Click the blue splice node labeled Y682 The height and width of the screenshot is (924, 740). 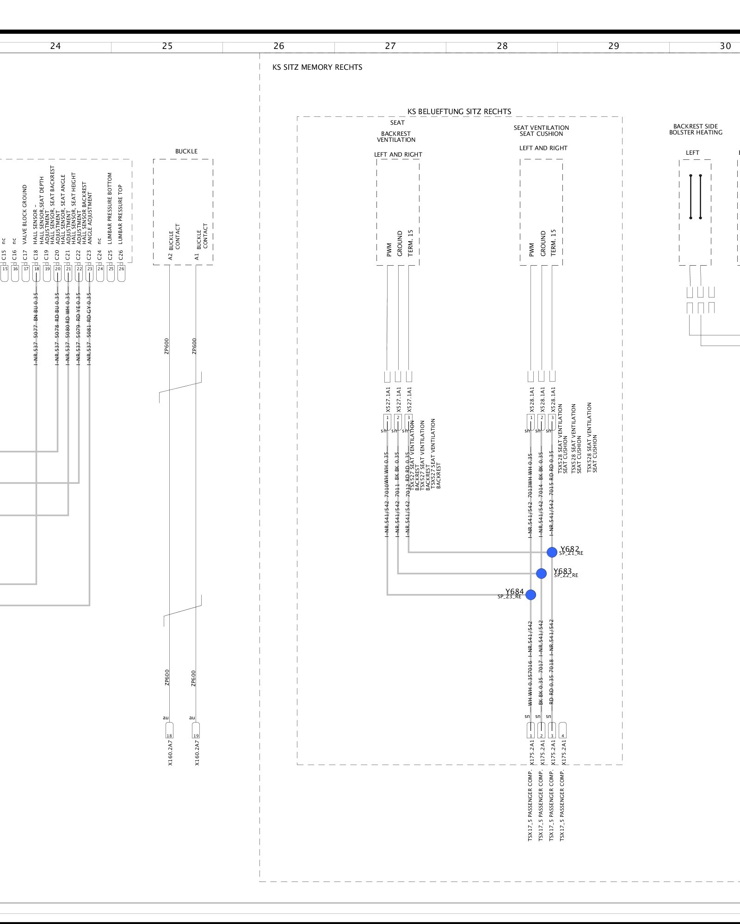pos(552,552)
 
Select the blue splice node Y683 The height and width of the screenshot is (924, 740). pos(541,573)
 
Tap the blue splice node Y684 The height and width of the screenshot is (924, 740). pos(530,595)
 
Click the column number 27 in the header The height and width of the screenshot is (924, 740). pos(390,46)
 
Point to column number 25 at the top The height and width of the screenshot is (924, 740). pos(167,46)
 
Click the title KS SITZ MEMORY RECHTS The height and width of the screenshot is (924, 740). pos(317,67)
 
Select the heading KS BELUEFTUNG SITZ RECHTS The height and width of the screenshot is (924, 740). pos(459,112)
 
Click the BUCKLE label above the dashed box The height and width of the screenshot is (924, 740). pos(186,152)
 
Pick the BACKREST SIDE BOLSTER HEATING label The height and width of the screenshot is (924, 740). pos(696,129)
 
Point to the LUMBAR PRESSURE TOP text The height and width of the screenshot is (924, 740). pos(121,214)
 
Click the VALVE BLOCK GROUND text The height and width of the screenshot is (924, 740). pos(25,214)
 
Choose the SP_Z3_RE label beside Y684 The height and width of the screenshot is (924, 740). pos(509,597)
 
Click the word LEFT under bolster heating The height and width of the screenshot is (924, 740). pos(692,153)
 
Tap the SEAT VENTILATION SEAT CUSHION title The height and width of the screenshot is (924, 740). pos(541,131)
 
